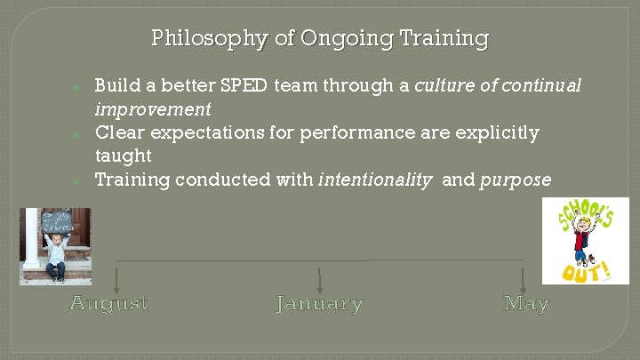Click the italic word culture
point(444,86)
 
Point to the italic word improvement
point(153,109)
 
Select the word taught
point(124,156)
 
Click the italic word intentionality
point(376,180)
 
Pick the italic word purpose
point(516,180)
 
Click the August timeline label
point(109,304)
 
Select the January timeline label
point(320,304)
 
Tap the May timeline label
point(525,304)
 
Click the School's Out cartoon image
point(585,240)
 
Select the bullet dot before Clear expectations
point(78,134)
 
